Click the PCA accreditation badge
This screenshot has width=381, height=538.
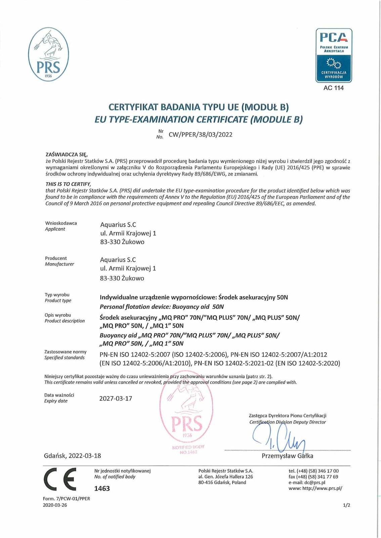coord(334,55)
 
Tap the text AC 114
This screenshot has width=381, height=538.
coord(333,88)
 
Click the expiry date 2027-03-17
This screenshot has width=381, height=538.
coord(116,398)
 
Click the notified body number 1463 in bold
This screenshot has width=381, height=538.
coord(102,488)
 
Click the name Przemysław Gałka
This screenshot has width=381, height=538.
coord(287,456)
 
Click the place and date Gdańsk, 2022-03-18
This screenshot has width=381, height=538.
coord(73,456)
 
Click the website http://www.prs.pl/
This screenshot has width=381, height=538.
coord(322,488)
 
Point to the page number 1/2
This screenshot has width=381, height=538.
coord(347,505)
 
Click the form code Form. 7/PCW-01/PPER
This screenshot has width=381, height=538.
coord(67,499)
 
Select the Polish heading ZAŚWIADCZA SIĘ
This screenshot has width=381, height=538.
coord(66,155)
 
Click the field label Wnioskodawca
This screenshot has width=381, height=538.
coord(61,223)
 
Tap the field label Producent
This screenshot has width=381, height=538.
coord(56,258)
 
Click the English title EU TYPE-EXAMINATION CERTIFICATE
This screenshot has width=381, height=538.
coord(199,119)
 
